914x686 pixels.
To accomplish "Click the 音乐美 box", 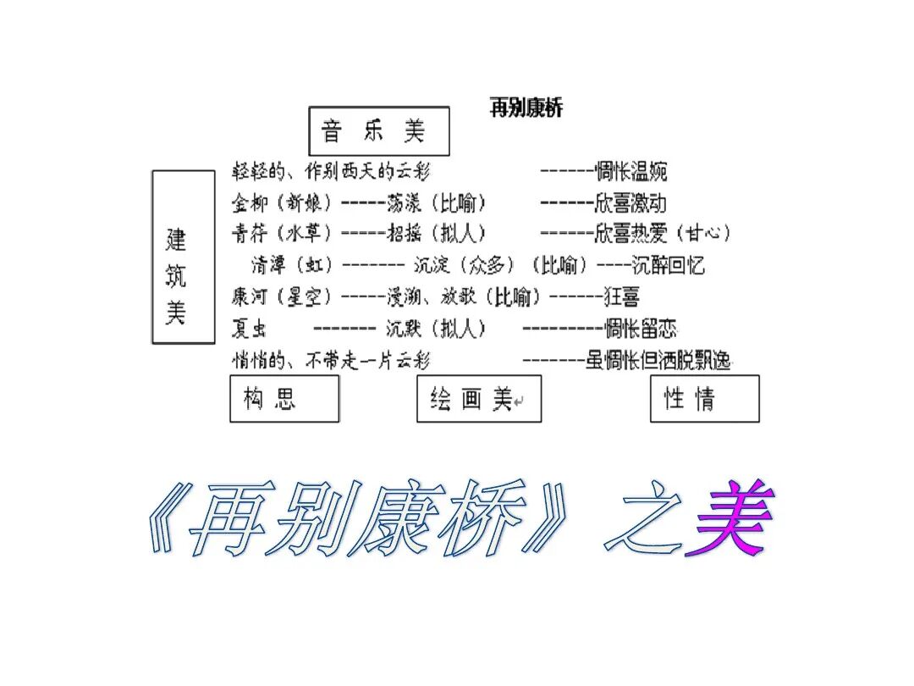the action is pos(378,131).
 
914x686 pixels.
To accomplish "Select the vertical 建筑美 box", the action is pos(183,257).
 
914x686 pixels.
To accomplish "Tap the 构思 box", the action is pos(284,399).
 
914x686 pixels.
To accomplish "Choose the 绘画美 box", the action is pos(478,399).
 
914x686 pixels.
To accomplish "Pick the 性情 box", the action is pos(704,399).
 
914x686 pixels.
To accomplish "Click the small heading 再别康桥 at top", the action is pos(526,108).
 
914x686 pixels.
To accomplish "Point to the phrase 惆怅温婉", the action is pos(631,172).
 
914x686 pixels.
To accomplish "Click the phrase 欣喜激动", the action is pos(631,203).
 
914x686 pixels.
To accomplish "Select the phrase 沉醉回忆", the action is pos(669,265).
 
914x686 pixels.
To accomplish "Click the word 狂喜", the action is pos(622,296).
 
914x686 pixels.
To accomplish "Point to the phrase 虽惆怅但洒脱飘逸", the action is pos(658,361).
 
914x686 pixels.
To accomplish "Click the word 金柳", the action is pos(251,203).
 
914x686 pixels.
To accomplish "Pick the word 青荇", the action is pos(251,234).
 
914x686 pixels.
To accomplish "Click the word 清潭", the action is pos(269,265).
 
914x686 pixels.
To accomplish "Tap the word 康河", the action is pos(249,296).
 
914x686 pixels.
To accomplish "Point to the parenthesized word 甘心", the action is pos(705,234).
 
